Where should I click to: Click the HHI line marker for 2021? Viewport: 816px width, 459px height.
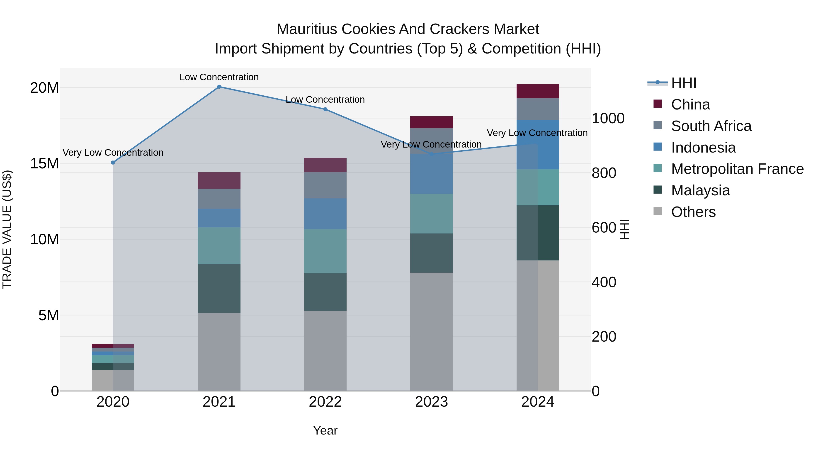[219, 87]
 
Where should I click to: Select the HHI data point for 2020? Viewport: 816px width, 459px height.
[113, 163]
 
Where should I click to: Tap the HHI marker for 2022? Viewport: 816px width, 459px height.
[325, 109]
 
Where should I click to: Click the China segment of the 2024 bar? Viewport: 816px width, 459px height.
[538, 91]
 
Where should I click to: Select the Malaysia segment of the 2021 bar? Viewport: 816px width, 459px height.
[219, 289]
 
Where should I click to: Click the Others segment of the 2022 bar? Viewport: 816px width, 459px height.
[325, 351]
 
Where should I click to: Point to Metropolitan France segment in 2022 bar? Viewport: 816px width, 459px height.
[325, 251]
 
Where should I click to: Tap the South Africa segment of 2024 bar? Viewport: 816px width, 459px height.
[538, 109]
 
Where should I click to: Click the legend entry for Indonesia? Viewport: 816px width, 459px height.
[703, 148]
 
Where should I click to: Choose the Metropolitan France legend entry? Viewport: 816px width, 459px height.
[737, 169]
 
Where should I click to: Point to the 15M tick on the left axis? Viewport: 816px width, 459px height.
[44, 164]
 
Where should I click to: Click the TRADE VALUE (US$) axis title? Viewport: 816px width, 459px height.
[7, 229]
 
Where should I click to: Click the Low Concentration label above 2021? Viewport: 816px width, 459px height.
[219, 77]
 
